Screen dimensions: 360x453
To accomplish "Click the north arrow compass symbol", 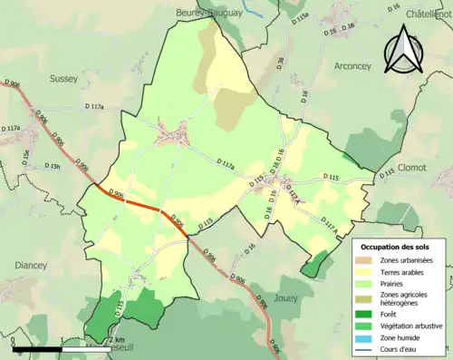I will [401, 50].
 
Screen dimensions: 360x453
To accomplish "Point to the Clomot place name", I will [419, 168].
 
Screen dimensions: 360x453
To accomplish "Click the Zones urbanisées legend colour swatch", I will [366, 260].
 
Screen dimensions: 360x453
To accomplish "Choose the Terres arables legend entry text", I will [400, 271].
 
